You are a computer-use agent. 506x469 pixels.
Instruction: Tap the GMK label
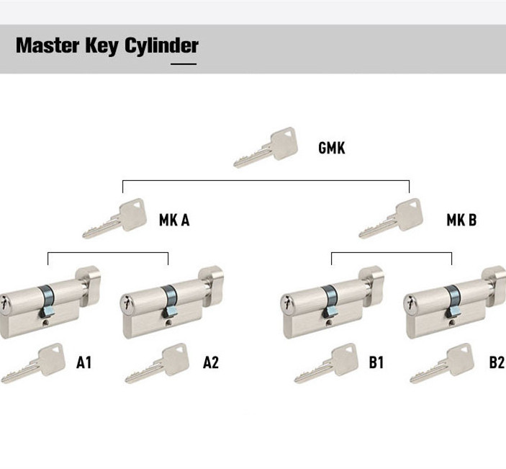pos(331,148)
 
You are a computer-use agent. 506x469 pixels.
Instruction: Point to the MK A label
pos(174,220)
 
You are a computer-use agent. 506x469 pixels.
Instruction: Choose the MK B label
pos(461,220)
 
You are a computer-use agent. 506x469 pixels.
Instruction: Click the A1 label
pos(84,362)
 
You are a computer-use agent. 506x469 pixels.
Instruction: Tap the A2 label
pos(210,362)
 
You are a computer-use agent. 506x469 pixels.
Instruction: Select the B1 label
pos(376,362)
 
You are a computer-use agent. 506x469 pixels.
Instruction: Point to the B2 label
pos(497,362)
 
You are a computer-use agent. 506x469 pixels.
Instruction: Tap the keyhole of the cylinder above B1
pos(286,305)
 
